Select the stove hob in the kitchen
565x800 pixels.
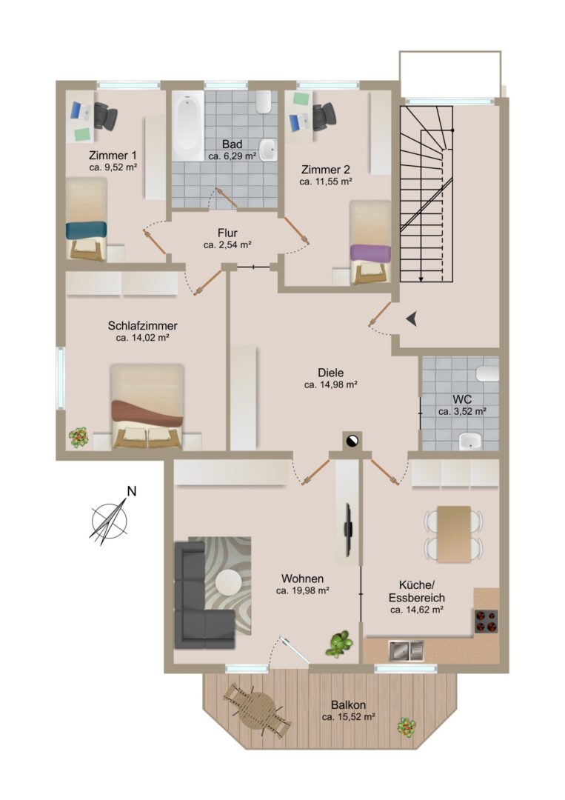point(486,621)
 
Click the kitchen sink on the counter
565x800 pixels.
point(407,650)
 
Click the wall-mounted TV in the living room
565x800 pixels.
point(349,530)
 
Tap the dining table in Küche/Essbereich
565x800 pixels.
point(454,534)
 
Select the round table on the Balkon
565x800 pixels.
point(258,710)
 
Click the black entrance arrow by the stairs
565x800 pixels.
point(412,319)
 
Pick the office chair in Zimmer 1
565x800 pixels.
point(105,116)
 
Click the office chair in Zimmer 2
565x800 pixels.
point(324,116)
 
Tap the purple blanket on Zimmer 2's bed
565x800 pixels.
point(371,253)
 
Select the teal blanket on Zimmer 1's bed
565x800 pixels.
point(86,230)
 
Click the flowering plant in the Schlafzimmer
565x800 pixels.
point(78,437)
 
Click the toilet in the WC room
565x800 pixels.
point(487,373)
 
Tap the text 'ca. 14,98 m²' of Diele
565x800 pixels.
point(330,385)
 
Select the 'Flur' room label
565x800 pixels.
point(227,233)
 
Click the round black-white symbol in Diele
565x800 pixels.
point(352,440)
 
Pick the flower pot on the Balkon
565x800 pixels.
point(407,727)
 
